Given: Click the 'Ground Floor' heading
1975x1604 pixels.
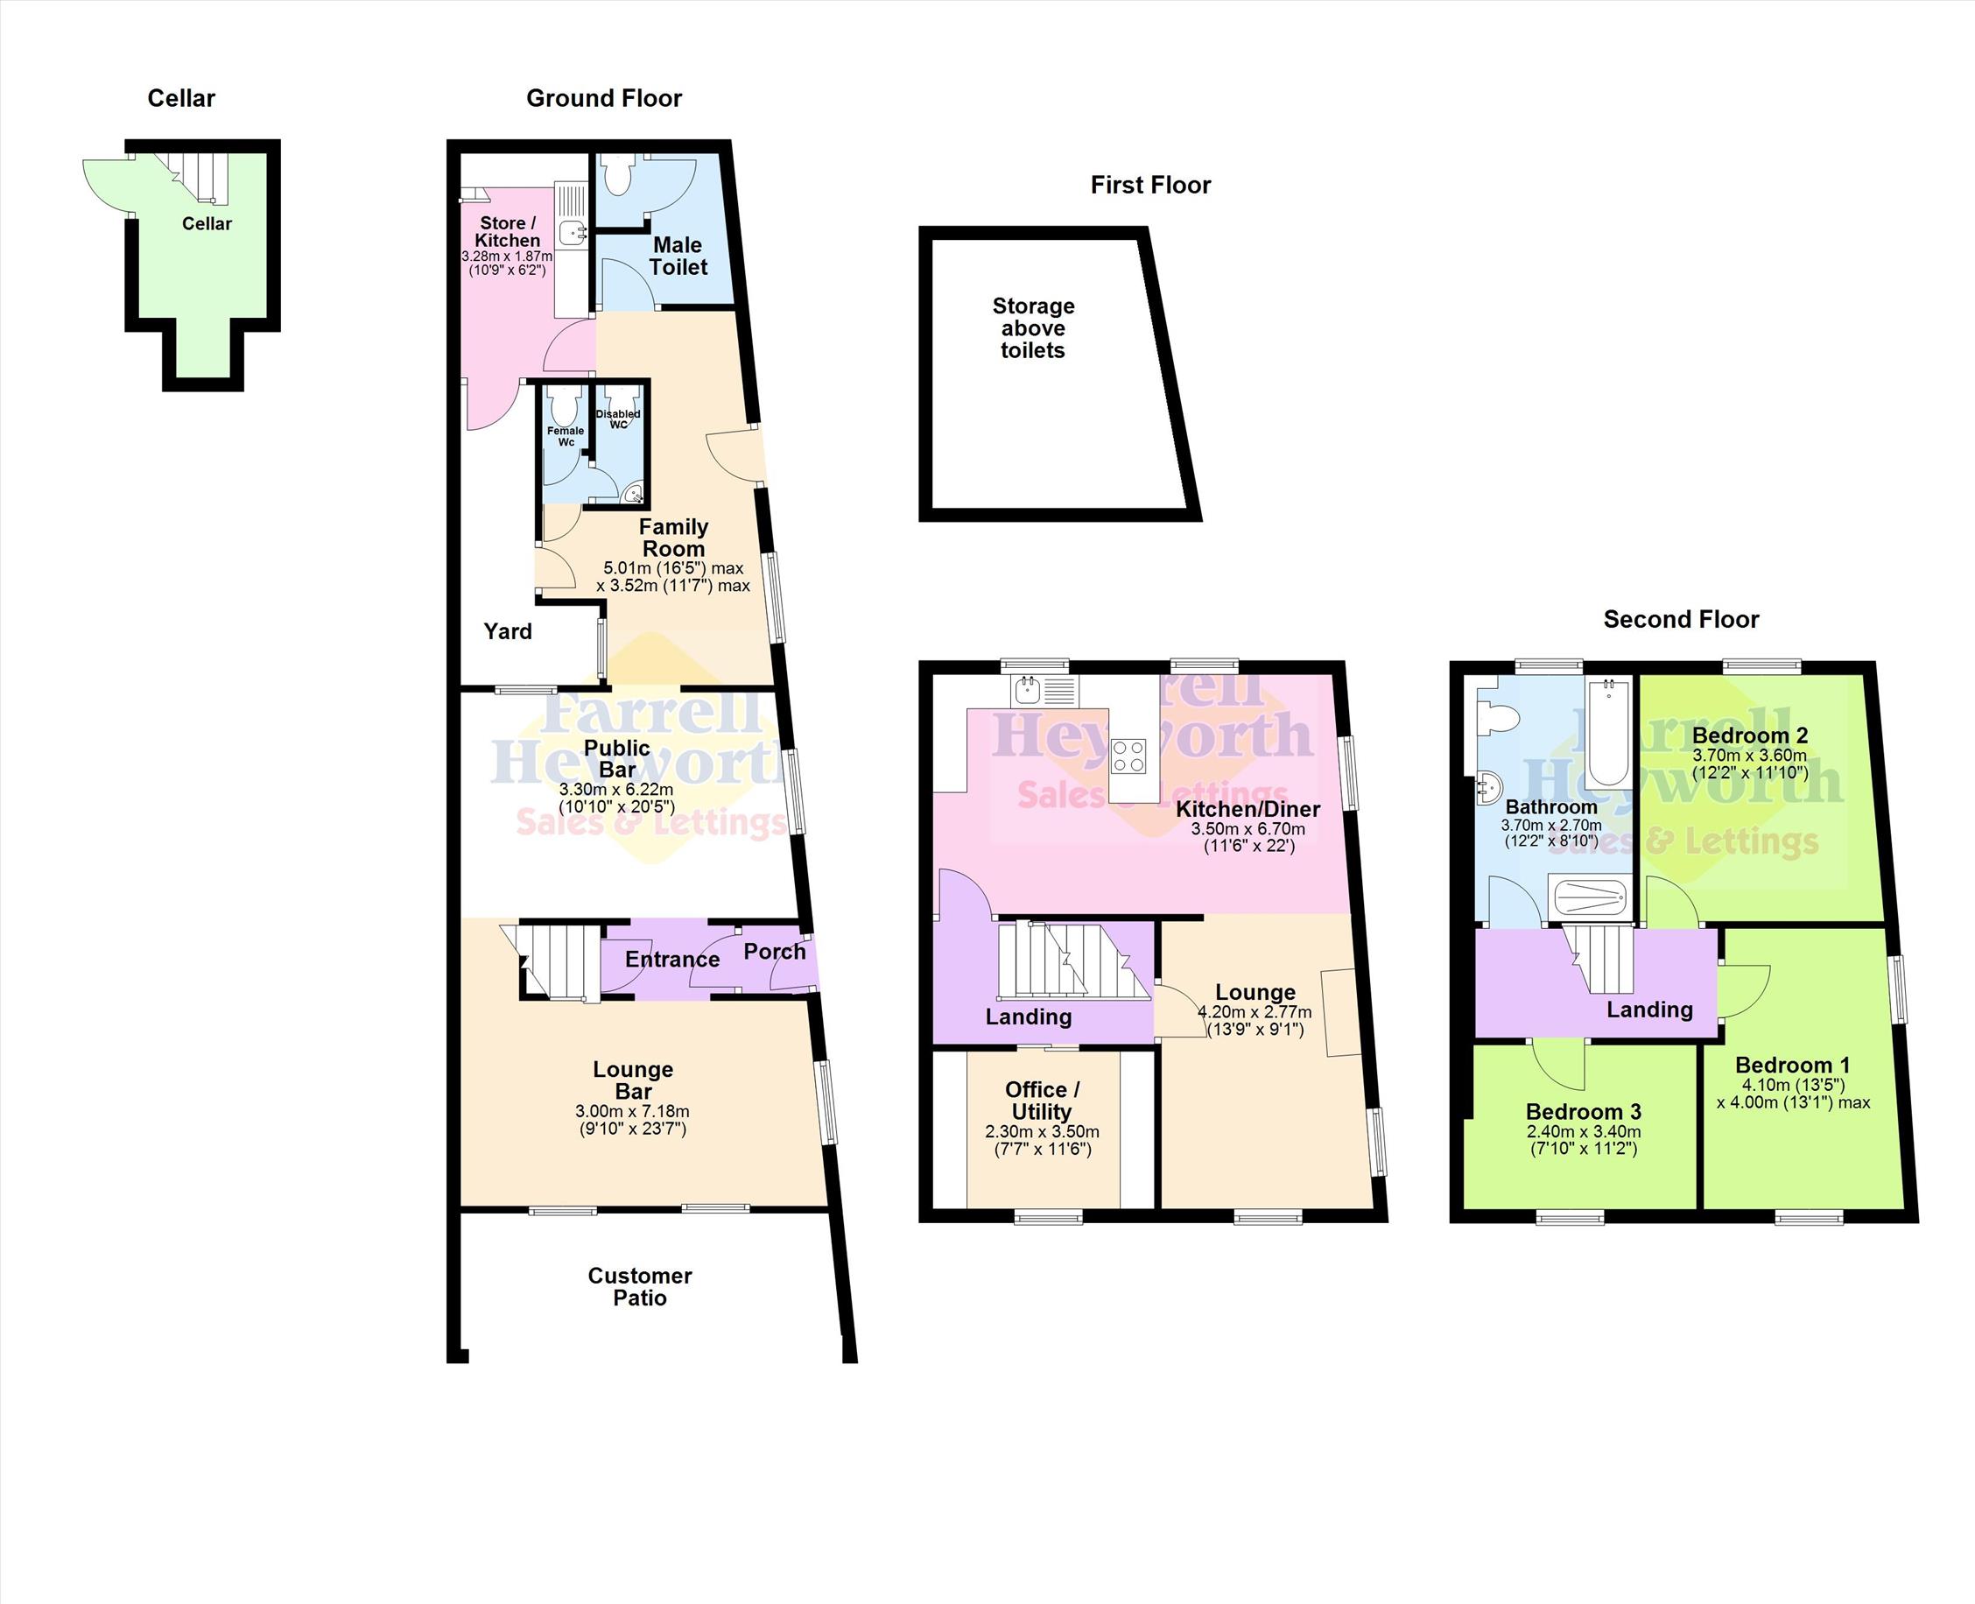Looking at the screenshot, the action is [604, 99].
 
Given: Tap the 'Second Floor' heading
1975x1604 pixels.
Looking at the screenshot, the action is [1681, 620].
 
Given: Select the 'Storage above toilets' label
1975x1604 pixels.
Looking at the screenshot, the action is [1033, 328].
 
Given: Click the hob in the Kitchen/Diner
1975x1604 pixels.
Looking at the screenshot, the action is [1128, 756].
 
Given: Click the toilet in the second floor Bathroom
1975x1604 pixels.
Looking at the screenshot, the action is [1495, 716].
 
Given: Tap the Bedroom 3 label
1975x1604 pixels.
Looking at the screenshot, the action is [1583, 1112].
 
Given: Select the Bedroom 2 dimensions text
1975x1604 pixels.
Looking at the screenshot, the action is [1750, 763].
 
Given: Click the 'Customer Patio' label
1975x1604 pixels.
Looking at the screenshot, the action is [640, 1286].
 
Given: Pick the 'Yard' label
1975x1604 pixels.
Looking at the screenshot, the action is [508, 632].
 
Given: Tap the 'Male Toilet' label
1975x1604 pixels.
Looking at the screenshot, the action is [678, 256].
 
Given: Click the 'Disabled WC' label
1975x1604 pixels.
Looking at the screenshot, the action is [618, 419].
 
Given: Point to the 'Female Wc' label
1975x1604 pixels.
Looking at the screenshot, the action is [566, 436].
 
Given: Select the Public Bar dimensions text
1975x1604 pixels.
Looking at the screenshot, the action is [616, 798].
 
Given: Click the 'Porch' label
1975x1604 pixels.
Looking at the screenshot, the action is [774, 952].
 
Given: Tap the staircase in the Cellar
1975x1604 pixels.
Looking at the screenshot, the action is [197, 177].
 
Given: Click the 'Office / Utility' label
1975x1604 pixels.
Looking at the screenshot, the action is [1041, 1101].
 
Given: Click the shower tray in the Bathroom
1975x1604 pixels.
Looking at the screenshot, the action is [1590, 901].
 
